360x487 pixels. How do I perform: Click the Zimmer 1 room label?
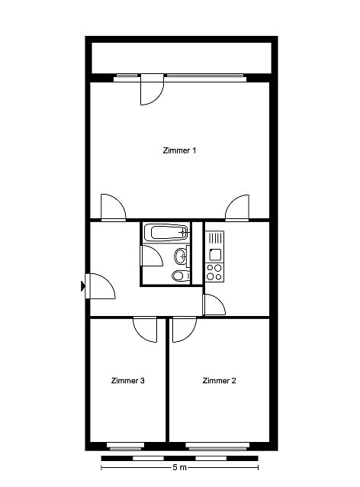179,150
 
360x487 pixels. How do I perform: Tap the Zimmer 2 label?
219,380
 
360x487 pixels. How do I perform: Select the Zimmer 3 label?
128,380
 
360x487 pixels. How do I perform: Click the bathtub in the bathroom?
166,232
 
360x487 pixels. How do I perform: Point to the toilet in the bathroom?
181,276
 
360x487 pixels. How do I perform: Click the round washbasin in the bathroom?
182,256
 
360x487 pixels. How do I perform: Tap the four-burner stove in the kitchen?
214,272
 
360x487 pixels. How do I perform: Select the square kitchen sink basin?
215,255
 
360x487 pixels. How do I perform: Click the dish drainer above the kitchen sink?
215,239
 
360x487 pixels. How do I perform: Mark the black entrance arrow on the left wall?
83,285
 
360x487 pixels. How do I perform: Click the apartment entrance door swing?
100,286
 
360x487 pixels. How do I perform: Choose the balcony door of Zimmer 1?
152,89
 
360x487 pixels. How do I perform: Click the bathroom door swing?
152,256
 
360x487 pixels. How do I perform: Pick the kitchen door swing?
214,305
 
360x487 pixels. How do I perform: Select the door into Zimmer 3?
145,330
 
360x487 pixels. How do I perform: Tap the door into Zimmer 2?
185,330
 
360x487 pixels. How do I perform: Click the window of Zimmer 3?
125,447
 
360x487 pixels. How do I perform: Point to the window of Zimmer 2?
217,447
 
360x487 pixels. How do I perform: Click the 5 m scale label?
179,467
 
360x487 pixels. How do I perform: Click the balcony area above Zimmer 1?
182,58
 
